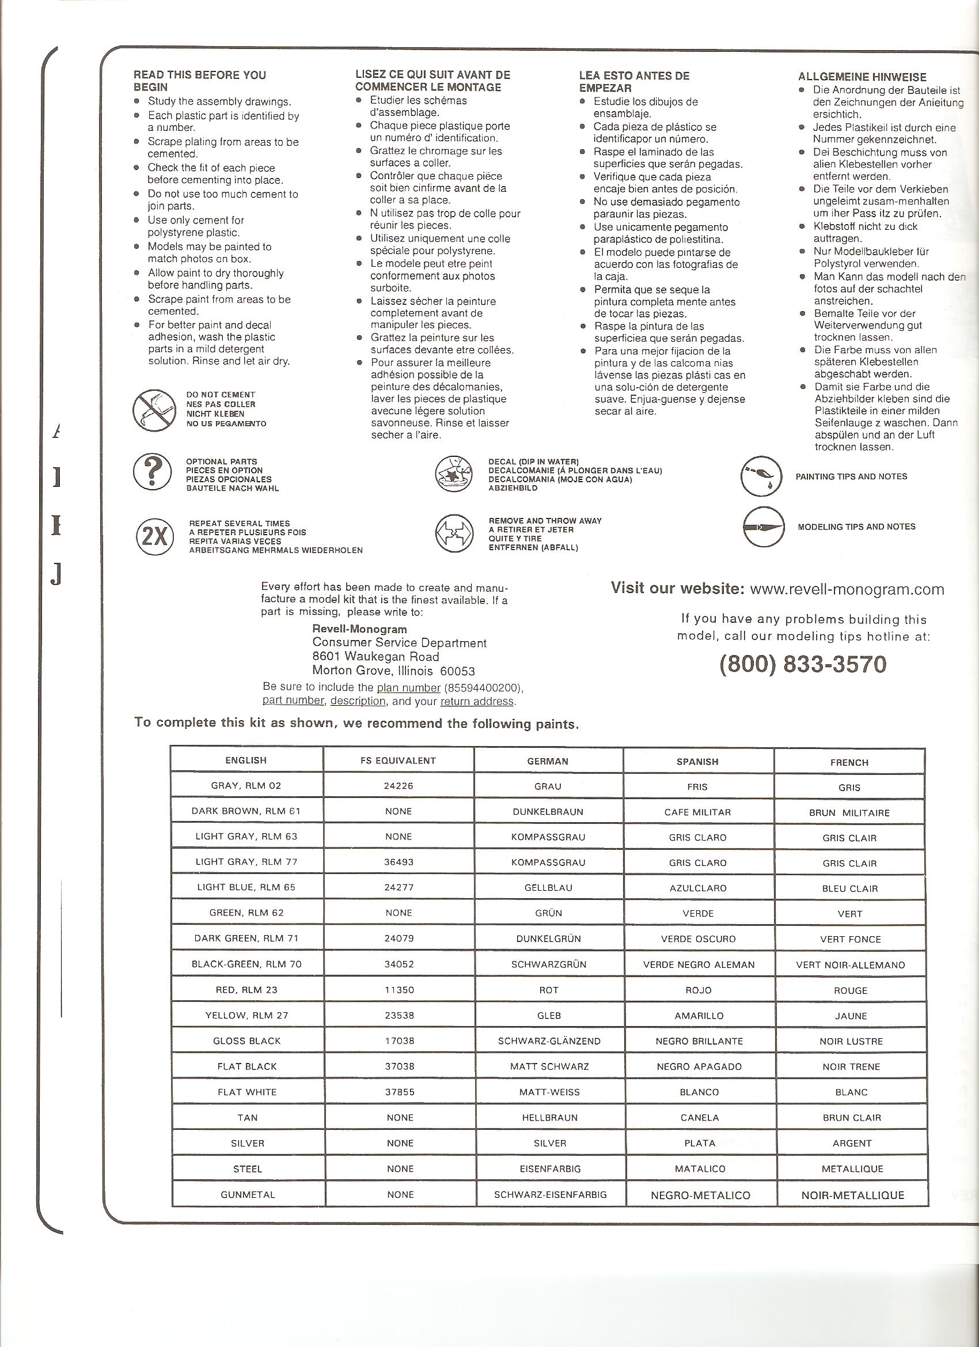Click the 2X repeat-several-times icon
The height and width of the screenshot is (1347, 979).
tap(155, 536)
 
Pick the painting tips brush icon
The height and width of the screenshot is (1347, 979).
tap(760, 476)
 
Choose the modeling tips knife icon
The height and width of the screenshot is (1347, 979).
tap(761, 527)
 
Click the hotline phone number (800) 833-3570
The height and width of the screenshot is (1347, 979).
tap(803, 664)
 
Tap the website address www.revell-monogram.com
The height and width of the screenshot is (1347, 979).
tap(847, 589)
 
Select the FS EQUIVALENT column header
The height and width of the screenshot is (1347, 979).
tap(399, 761)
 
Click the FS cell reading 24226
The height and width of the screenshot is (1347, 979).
tap(399, 786)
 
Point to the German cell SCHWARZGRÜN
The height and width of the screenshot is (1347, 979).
tap(549, 964)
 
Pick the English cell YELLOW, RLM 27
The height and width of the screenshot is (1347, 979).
tap(246, 1015)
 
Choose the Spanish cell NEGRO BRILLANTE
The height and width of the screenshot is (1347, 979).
tap(699, 1041)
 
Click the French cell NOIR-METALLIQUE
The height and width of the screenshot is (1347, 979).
tap(852, 1195)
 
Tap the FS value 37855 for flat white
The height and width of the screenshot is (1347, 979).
tap(400, 1092)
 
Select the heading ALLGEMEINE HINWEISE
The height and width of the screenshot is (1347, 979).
tap(862, 77)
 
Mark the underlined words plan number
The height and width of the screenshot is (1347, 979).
tap(408, 688)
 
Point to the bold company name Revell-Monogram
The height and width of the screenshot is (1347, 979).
tap(359, 629)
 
